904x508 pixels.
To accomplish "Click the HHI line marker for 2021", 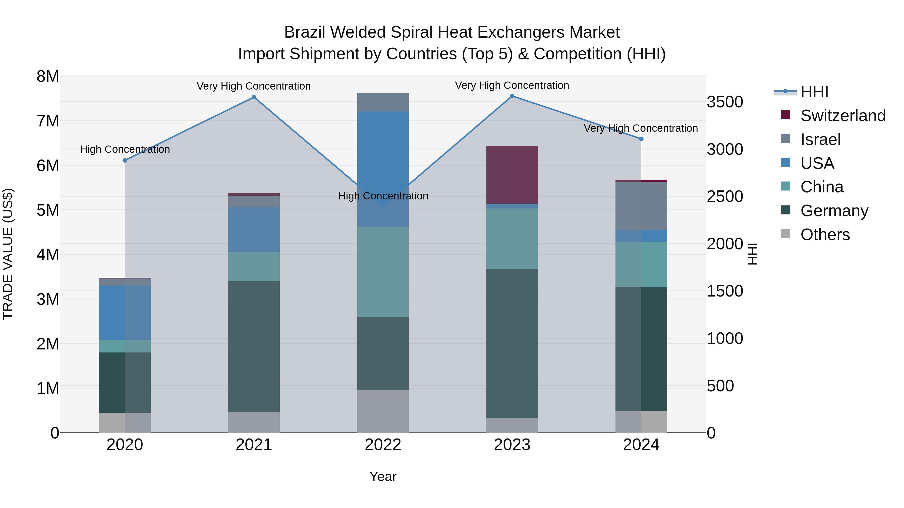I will (254, 98).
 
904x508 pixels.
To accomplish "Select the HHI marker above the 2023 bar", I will (512, 96).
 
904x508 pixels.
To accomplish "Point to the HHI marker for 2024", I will (641, 139).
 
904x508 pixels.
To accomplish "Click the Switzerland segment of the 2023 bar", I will (512, 175).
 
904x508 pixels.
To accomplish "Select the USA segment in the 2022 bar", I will (383, 169).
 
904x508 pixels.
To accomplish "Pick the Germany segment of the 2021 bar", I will (254, 346).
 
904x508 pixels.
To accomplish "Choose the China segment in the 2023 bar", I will (512, 239).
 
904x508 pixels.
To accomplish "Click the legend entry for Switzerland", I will (842, 116).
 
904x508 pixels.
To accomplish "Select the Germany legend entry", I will (834, 211).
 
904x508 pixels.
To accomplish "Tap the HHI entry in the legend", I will (814, 92).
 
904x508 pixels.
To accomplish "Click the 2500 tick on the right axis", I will (725, 197).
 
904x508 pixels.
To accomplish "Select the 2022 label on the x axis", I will (383, 445).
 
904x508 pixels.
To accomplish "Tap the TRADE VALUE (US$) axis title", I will (8, 254).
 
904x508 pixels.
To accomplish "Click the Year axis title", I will (383, 476).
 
